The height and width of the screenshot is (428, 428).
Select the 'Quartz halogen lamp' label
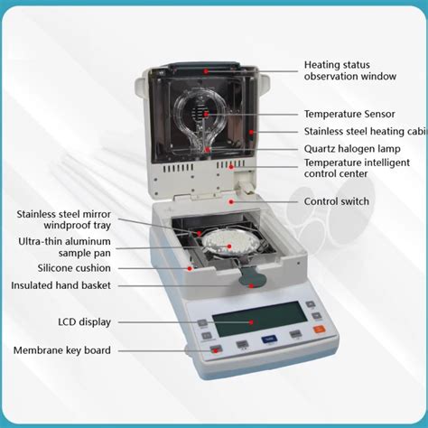(x=353, y=148)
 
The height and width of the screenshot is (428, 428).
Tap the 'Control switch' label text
(x=336, y=201)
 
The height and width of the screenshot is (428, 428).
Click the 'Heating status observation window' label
(x=349, y=70)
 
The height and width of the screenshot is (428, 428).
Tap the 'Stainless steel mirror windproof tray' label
(x=63, y=219)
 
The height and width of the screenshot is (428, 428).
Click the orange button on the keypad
(x=319, y=332)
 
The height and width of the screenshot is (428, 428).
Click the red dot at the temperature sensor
(x=207, y=115)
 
